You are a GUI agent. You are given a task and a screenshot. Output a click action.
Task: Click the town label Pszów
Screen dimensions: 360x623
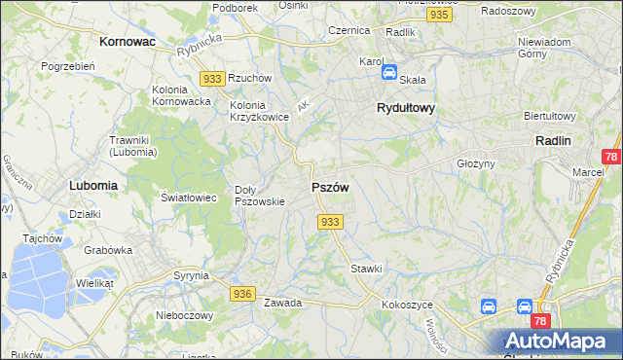coord(330,187)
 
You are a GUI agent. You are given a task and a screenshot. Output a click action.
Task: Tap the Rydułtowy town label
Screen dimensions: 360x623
coord(405,109)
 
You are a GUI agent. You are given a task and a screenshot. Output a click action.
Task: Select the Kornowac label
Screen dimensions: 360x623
coord(128,42)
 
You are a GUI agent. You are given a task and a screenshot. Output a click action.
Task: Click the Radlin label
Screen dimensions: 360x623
coord(553,140)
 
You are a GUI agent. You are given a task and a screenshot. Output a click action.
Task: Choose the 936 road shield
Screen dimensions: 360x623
coord(242,293)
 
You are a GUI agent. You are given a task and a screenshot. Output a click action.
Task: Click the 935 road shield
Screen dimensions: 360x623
coord(438,17)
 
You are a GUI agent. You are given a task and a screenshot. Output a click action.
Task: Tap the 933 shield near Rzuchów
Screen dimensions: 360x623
coord(212,78)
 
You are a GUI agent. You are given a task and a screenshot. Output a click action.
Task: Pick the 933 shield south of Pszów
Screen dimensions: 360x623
coord(330,223)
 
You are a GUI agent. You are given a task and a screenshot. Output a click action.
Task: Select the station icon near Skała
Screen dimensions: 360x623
coord(388,72)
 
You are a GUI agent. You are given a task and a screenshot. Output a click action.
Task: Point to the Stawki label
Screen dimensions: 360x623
coord(366,269)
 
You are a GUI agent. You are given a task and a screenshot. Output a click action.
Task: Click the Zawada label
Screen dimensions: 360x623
coord(282,303)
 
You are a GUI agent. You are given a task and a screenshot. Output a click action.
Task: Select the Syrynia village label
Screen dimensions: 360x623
coord(191,275)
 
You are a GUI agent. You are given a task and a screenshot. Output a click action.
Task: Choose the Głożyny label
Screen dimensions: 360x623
coord(476,164)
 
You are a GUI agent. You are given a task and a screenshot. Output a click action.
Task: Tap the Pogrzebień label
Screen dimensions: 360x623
coord(67,66)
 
